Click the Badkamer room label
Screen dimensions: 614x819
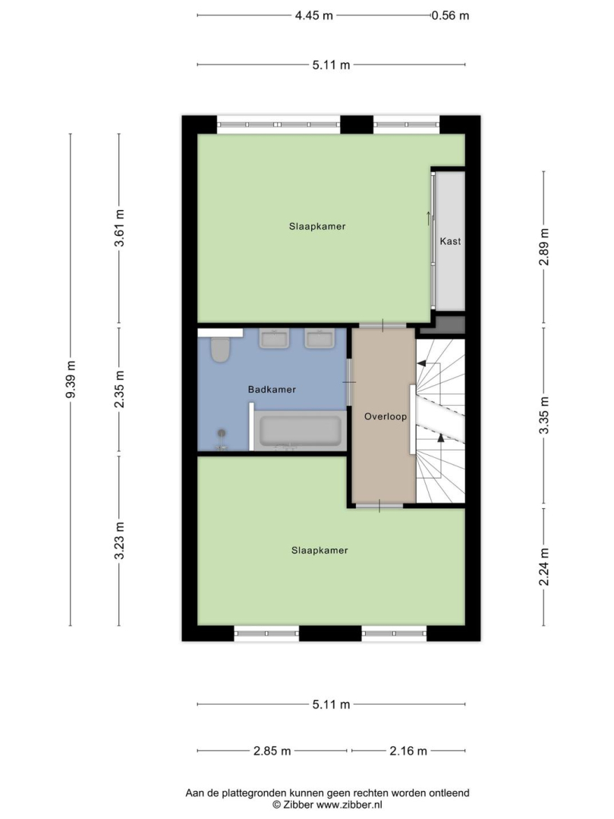pos(272,389)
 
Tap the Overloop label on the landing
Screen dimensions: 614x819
pos(386,416)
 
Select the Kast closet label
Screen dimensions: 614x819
pos(450,241)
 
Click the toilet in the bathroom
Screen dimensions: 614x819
pos(221,350)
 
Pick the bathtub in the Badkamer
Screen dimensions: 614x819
pos(301,431)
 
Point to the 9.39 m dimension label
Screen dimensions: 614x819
pos(71,379)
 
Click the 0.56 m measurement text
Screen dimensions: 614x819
pos(450,16)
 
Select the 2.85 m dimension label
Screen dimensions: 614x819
pos(272,751)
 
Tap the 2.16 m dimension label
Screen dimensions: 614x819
pos(408,751)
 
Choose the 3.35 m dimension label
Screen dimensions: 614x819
pos(544,416)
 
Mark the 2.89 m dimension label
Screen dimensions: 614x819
pos(544,246)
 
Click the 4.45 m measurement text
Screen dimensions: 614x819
pos(314,16)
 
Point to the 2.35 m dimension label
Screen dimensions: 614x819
pos(120,389)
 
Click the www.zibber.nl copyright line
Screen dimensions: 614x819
pos(328,805)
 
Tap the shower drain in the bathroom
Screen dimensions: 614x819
pos(222,433)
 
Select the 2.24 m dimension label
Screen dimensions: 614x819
pos(544,566)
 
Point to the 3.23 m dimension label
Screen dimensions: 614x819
pos(120,541)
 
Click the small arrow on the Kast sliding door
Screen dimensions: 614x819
pos(429,218)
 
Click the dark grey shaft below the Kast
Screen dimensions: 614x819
pos(443,325)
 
